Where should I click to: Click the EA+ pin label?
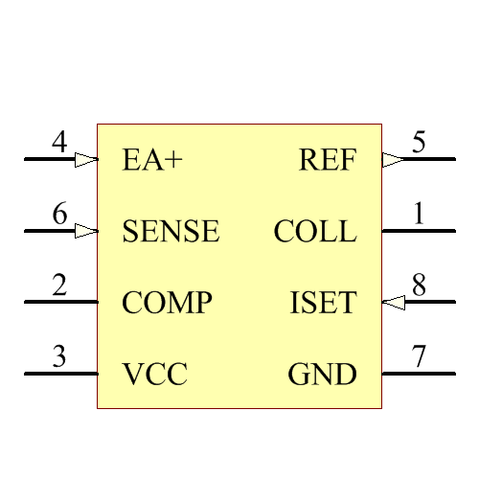point(152,160)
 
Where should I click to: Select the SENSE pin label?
point(171,232)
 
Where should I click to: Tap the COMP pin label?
point(167,304)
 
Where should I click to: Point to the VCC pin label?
point(154,375)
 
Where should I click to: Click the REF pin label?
point(328,160)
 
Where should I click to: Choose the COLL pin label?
point(314,232)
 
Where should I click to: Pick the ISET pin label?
point(323,304)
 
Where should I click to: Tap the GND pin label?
point(322,375)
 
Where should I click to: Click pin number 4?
point(59,144)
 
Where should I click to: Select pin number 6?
point(59,216)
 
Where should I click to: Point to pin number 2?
point(59,286)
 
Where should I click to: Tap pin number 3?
point(59,358)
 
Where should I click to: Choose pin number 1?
point(419,216)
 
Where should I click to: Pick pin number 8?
point(419,286)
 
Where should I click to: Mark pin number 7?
point(419,358)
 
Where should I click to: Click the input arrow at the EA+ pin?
point(86,160)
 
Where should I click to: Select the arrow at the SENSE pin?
point(86,231)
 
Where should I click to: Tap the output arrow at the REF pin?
point(393,160)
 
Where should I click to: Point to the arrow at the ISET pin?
point(393,303)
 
